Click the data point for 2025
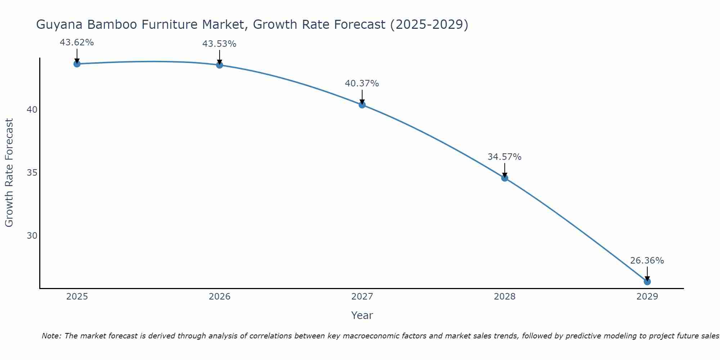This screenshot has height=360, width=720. point(77,64)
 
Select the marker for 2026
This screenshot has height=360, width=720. point(220,65)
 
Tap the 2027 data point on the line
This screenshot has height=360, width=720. point(362,105)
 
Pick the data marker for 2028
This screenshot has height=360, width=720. point(505,178)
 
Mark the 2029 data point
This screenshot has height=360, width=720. point(647,282)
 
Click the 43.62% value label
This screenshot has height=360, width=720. point(77,42)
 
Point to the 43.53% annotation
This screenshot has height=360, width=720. point(219,44)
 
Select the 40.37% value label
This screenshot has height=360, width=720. point(362,84)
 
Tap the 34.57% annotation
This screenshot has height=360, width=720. point(504,157)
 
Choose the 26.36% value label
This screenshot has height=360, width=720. point(647,261)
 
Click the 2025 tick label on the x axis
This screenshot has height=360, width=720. point(77,297)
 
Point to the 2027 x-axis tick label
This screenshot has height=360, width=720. point(362,297)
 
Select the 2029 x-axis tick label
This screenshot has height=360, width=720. point(647,297)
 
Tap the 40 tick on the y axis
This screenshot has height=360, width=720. point(32,110)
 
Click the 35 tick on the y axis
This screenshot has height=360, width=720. point(32,173)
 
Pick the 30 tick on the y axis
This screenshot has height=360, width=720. point(32,236)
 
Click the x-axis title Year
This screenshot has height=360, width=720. point(362,315)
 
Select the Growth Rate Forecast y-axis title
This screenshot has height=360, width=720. point(9,173)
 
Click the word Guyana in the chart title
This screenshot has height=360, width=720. point(60,25)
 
